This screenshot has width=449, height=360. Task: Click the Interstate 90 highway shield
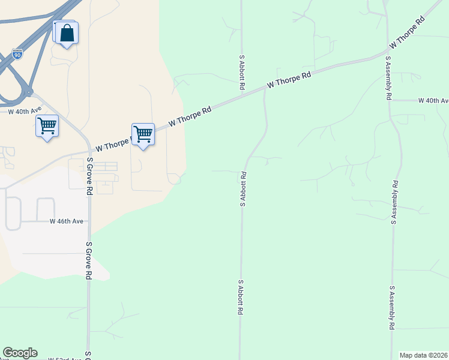point(17,55)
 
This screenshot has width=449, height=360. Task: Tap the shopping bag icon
point(67,34)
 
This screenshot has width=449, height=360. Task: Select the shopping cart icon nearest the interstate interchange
point(47,126)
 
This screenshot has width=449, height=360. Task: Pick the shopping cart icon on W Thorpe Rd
point(143,134)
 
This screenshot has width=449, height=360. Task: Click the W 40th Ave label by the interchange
point(25,111)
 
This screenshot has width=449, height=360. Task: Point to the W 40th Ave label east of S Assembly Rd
point(433,100)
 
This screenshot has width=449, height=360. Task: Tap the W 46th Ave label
point(67,221)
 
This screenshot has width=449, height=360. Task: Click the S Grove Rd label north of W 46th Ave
point(89,176)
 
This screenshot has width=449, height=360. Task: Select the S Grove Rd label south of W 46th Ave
point(89,260)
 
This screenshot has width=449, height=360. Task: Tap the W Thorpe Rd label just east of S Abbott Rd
point(289,80)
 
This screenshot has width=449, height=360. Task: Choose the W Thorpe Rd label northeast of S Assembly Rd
point(407,33)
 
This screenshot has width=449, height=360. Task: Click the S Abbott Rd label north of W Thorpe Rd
point(242,73)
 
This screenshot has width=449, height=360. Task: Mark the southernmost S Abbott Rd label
point(240,298)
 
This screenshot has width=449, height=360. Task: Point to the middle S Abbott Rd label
point(243,190)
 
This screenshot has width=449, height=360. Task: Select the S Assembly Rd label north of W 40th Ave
point(389,78)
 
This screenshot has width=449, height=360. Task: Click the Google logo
point(20,353)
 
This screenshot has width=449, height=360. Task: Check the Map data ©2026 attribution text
point(424,355)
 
